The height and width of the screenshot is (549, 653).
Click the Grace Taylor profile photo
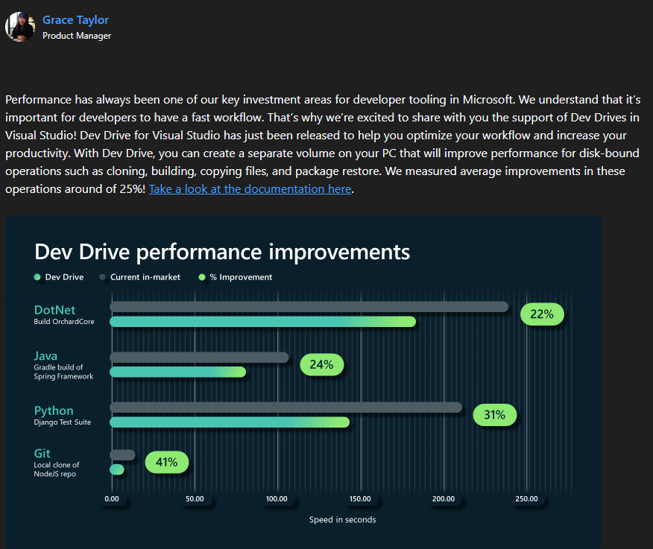(x=20, y=26)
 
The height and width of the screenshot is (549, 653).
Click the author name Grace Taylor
(x=75, y=20)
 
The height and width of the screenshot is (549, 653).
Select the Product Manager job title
(x=77, y=36)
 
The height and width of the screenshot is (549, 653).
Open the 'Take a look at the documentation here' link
(x=250, y=188)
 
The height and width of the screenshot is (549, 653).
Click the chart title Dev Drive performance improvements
(x=222, y=252)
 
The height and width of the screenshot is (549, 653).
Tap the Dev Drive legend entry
(x=64, y=277)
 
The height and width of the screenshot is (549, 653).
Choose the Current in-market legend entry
(x=145, y=277)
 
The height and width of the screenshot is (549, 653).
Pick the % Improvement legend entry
(x=241, y=277)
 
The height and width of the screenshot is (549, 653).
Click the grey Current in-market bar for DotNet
(x=309, y=307)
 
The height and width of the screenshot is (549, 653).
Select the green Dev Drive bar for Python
(x=230, y=422)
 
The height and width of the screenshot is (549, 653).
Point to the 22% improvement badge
(x=542, y=314)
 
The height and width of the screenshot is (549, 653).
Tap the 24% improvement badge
(x=321, y=364)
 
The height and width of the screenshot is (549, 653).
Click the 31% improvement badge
(x=494, y=415)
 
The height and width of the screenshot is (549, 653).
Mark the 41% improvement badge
(x=166, y=462)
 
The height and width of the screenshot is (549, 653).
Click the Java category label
(x=45, y=356)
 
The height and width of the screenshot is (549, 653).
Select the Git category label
(x=42, y=454)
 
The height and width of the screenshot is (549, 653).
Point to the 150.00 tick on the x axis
(x=360, y=499)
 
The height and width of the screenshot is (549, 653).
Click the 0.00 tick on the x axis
(x=112, y=499)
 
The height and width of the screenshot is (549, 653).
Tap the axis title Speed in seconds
(x=343, y=519)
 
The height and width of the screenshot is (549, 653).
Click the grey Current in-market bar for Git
(x=122, y=454)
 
